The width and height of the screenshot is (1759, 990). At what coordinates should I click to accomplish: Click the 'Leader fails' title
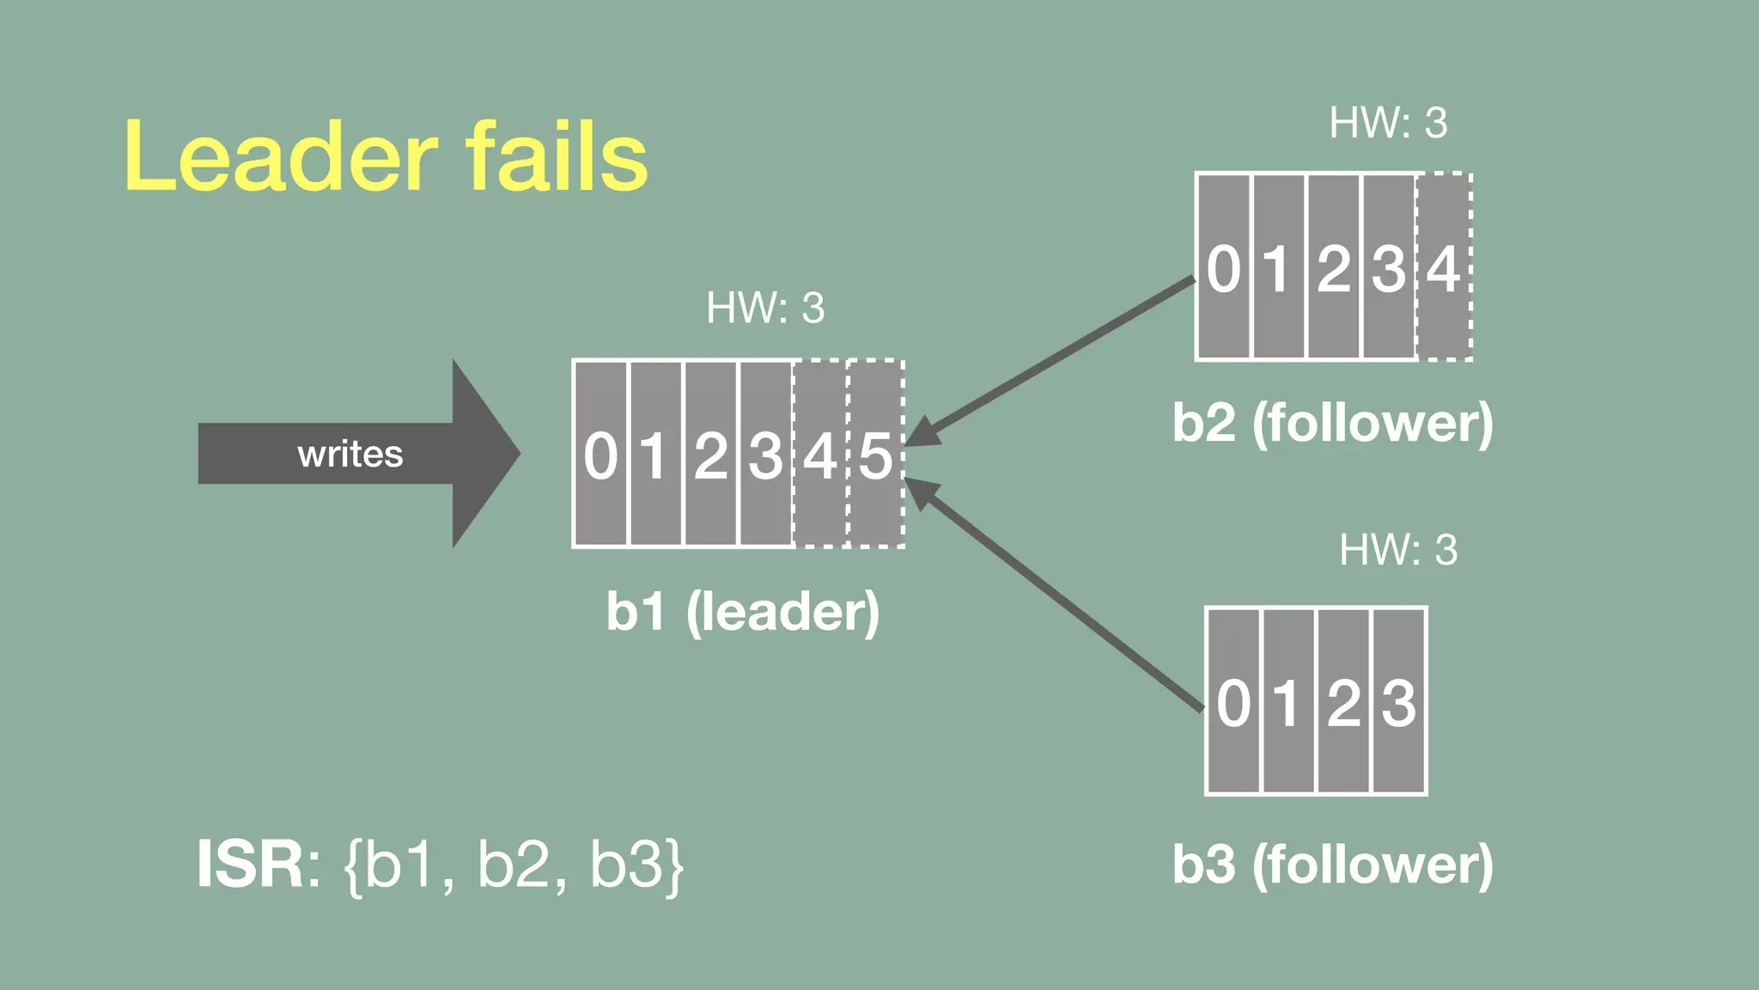(x=386, y=157)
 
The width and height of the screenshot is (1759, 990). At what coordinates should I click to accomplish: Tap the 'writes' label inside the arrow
(x=350, y=454)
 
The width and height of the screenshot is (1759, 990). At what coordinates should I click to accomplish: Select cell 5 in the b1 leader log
(x=876, y=455)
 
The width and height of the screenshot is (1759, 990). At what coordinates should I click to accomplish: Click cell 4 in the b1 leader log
(x=820, y=455)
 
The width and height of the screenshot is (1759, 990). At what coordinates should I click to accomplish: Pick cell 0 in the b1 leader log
(x=600, y=455)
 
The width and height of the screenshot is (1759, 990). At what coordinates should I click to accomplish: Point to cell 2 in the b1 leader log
(x=710, y=455)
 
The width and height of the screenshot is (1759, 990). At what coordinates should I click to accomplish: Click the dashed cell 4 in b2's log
(x=1444, y=268)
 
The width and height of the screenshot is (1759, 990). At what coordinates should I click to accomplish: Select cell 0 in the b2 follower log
(x=1223, y=268)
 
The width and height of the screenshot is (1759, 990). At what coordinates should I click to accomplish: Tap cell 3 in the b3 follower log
(x=1399, y=702)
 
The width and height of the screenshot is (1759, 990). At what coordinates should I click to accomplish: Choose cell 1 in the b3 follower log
(x=1287, y=702)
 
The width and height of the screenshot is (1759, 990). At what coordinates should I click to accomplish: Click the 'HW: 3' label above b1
(x=764, y=308)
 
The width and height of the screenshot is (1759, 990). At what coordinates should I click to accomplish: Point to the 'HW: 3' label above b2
(x=1388, y=123)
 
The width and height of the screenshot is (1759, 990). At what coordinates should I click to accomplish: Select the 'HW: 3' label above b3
(x=1398, y=550)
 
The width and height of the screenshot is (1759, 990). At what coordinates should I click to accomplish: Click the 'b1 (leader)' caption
(x=743, y=612)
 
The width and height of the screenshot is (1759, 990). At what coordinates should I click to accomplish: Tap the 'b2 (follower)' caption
(x=1333, y=423)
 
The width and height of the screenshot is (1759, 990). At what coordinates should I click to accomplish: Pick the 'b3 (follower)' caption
(x=1333, y=865)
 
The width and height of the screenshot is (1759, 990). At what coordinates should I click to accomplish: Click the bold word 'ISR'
(x=250, y=865)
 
